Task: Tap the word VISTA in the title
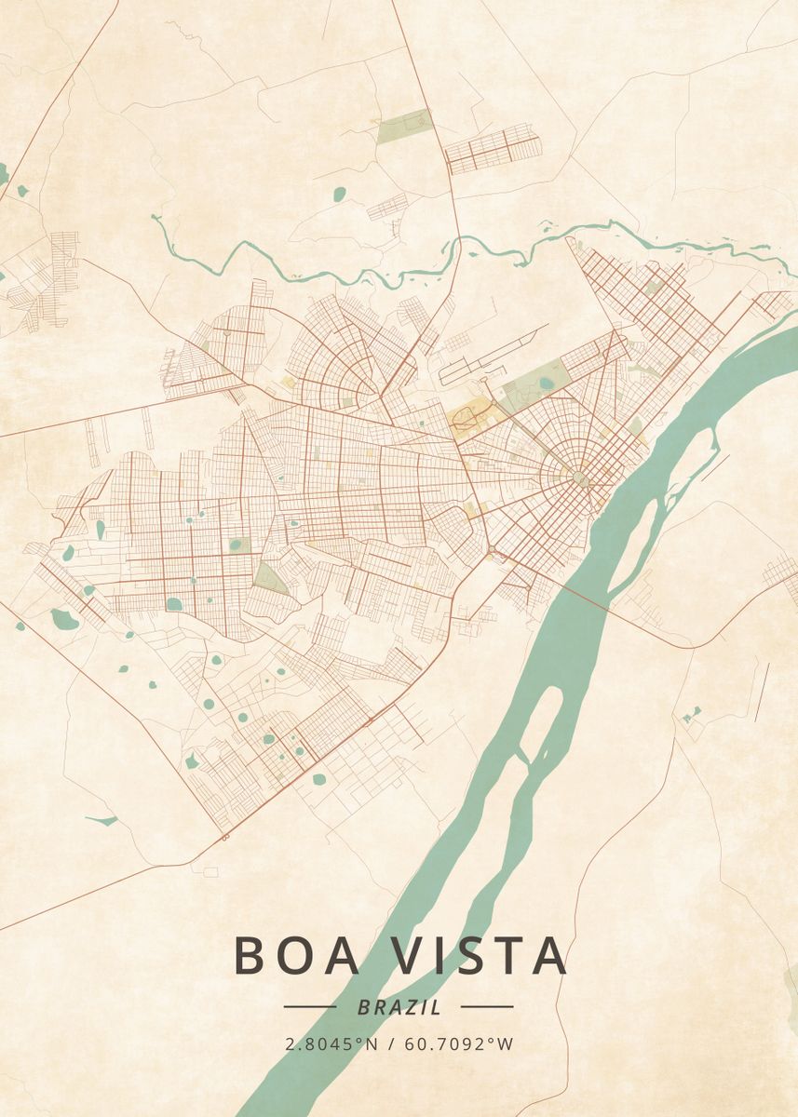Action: [x=476, y=956]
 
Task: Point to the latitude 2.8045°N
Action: [x=331, y=1044]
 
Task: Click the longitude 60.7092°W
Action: [x=459, y=1044]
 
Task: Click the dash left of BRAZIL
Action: [x=310, y=1006]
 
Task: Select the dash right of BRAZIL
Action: [x=487, y=1006]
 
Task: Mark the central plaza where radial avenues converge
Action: [x=578, y=478]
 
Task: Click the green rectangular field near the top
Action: [x=404, y=126]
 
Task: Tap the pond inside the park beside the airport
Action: [x=545, y=382]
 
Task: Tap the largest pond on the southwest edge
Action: [x=64, y=618]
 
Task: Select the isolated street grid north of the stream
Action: [x=493, y=149]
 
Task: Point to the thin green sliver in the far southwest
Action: [x=102, y=820]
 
